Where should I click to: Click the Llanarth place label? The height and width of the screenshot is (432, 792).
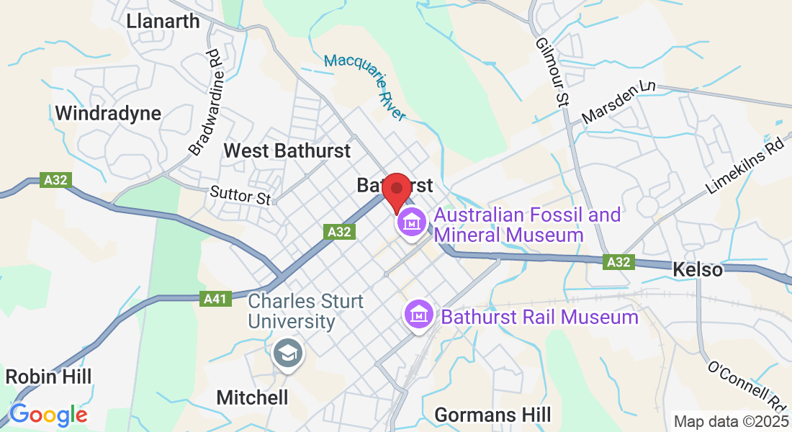click(x=163, y=21)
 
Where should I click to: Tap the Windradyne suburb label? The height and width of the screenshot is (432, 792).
click(x=108, y=113)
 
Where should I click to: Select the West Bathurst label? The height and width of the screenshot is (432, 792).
click(x=287, y=150)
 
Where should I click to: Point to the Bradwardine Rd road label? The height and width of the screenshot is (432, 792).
click(x=204, y=102)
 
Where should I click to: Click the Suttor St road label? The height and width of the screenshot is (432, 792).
click(x=240, y=194)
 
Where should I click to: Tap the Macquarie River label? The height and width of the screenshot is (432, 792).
click(x=365, y=86)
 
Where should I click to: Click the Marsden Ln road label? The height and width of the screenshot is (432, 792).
click(x=618, y=102)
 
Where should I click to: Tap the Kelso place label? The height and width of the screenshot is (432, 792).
click(x=697, y=270)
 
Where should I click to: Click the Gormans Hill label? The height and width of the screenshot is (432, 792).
click(x=492, y=415)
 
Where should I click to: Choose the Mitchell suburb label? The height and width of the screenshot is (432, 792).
click(x=252, y=397)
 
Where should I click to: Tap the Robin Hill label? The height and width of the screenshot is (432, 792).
click(x=48, y=377)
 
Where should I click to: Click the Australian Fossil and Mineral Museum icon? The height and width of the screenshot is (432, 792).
click(x=411, y=222)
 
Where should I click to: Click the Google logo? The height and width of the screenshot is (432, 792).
click(x=48, y=415)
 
